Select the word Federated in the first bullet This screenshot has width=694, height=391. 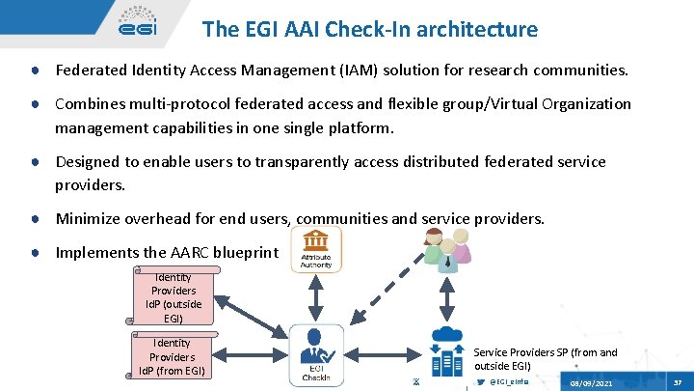pos(90,70)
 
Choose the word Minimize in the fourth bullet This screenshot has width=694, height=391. pos(89,219)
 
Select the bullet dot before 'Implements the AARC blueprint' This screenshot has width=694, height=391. pos(35,252)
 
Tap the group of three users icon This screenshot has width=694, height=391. pos(445,245)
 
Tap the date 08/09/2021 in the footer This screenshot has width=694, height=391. pos(591,383)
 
